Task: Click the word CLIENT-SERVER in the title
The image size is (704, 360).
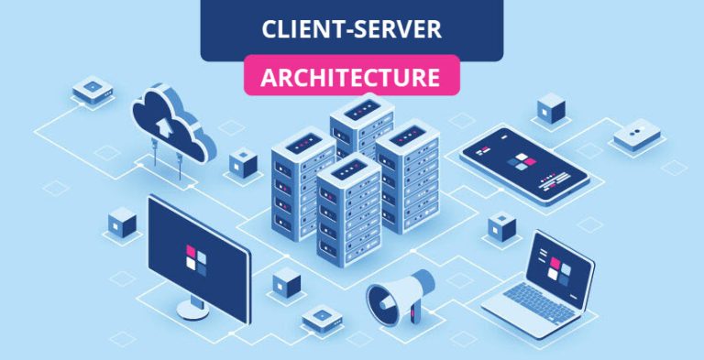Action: pyautogui.click(x=351, y=28)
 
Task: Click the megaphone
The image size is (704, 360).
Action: pyautogui.click(x=396, y=297)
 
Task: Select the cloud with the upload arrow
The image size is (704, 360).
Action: pyautogui.click(x=173, y=124)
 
